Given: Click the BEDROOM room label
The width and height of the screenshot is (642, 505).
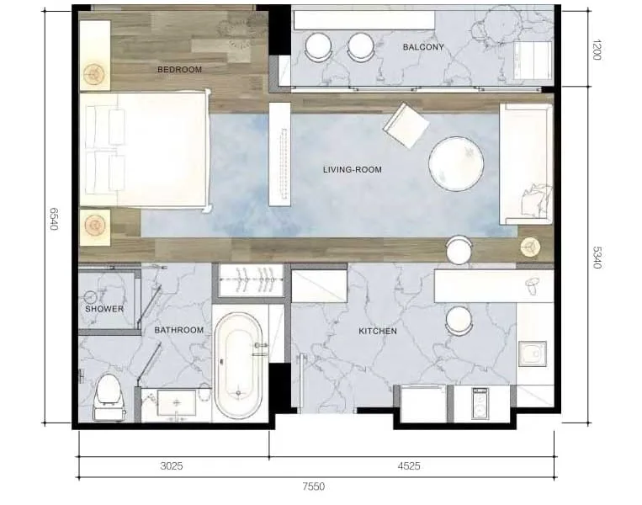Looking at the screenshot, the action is tap(179, 70).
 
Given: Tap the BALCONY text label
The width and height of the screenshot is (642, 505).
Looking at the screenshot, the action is tap(423, 47).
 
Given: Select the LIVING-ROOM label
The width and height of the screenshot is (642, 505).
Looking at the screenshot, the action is tap(352, 169).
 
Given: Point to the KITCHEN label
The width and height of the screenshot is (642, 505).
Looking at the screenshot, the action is tap(378, 331).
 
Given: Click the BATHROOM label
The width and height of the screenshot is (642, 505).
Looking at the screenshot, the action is tap(179, 330).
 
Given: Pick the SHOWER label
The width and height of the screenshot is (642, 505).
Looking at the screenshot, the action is tap(104, 309).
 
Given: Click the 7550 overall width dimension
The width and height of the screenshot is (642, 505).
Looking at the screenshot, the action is tap(314, 486).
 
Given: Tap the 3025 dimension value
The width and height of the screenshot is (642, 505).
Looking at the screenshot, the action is tap(172, 466).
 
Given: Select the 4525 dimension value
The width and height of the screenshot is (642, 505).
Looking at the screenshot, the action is tap(409, 466).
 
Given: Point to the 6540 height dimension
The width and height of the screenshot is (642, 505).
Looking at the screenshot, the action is tap(54, 219).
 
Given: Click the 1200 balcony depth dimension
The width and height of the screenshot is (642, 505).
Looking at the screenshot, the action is tap(597, 50).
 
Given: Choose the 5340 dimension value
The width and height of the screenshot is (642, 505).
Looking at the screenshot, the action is tap(597, 258).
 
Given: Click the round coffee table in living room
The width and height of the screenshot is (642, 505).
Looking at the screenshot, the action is tap(456, 163).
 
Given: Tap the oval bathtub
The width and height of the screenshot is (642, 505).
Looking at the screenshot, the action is tap(238, 366).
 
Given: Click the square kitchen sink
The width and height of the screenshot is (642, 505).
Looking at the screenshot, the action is tap(533, 353).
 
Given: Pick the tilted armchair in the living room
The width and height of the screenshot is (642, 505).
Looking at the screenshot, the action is tap(406, 125).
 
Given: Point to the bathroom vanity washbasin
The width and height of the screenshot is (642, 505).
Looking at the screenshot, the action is tap(177, 403).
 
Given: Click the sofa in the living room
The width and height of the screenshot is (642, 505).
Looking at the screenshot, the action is tap(526, 164).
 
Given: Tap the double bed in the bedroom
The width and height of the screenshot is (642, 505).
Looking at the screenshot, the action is tap(145, 150).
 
